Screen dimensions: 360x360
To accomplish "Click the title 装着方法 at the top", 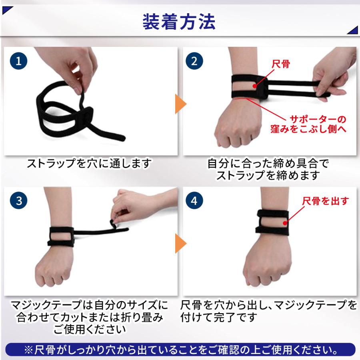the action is point(179,22).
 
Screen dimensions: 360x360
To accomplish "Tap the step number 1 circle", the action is point(18,61).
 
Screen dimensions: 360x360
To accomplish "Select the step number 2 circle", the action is point(194,61).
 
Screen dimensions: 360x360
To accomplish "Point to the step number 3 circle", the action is point(18,200).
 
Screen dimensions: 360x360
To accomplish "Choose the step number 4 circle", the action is point(194,200).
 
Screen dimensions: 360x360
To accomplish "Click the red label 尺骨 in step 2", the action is point(280,64).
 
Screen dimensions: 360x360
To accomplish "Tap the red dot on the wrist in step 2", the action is point(254,86).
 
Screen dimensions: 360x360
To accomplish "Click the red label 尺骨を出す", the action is point(325,201).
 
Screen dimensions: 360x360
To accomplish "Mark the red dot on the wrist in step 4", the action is point(285,223).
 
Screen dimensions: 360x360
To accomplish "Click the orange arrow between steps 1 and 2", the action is point(180,104).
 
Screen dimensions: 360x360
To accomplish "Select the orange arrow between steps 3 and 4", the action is point(180,243).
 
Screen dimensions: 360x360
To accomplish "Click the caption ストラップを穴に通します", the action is point(89,163).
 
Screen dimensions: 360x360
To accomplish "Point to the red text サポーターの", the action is point(318,119).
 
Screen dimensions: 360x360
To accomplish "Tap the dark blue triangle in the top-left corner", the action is point(6,10).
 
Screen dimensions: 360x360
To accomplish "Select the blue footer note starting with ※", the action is point(180,350).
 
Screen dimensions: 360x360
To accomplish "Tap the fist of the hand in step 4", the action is point(266,264).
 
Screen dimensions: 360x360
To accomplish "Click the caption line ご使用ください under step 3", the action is point(90,330).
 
